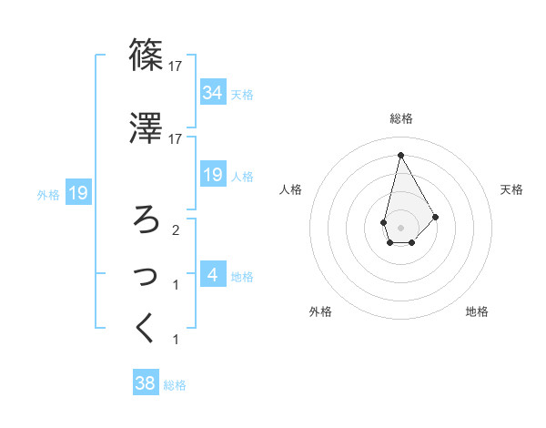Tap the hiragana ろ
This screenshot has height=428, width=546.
coord(147,219)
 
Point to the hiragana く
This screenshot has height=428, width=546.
coord(146,329)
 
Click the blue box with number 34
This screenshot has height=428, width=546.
coord(212,93)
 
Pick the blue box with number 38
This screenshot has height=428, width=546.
coord(146,384)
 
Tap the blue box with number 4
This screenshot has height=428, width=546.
coord(212,274)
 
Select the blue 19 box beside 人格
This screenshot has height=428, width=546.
coord(212,175)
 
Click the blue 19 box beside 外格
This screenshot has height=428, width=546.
coord(77,193)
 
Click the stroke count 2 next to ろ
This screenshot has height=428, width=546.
coord(176,229)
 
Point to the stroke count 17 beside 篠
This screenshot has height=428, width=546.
coord(176,66)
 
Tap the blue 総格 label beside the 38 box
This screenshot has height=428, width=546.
coord(175,385)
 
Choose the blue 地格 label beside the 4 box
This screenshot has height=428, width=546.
coord(242,276)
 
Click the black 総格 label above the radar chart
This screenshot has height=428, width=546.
coord(400,118)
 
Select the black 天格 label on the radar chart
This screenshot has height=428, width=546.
coord(512,189)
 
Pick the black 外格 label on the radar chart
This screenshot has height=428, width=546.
coord(319,312)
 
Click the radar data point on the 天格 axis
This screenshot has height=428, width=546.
coord(436,217)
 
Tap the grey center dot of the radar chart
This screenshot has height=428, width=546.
coord(400,228)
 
